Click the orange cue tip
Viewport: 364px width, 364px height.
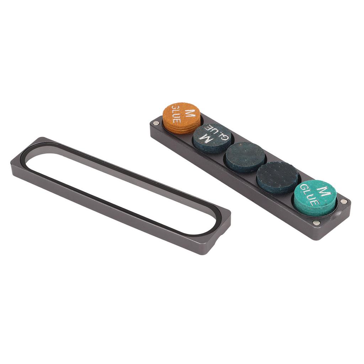click(x=181, y=117)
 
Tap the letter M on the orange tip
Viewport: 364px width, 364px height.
click(x=191, y=113)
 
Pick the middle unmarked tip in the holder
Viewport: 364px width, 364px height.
click(x=245, y=156)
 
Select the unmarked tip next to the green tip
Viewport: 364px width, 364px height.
click(x=277, y=176)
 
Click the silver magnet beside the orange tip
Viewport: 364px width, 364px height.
click(x=156, y=123)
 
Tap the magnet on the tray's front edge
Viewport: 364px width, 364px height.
click(x=316, y=223)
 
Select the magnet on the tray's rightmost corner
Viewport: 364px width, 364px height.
click(x=343, y=202)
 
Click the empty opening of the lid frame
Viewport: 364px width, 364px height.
click(x=117, y=188)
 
